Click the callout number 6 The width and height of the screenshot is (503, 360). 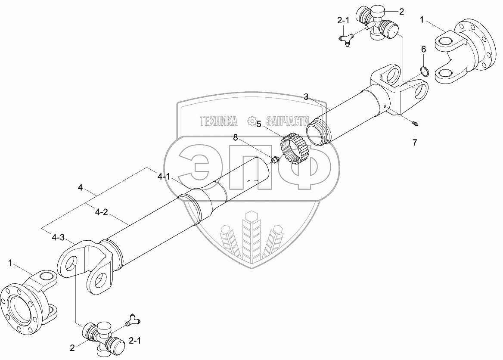pyautogui.click(x=423, y=50)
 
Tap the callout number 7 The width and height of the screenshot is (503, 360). pyautogui.click(x=415, y=142)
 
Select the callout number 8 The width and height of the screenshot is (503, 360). pyautogui.click(x=236, y=137)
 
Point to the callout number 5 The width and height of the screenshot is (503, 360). pyautogui.click(x=259, y=124)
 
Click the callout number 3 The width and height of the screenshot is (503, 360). pyautogui.click(x=306, y=97)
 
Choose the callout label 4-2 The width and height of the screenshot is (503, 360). pyautogui.click(x=101, y=211)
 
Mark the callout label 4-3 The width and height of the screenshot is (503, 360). pyautogui.click(x=58, y=237)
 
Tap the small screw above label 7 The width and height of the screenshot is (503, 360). pyautogui.click(x=416, y=124)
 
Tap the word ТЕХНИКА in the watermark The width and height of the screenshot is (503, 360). pyautogui.click(x=219, y=121)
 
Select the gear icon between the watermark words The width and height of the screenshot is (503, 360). pyautogui.click(x=251, y=121)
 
